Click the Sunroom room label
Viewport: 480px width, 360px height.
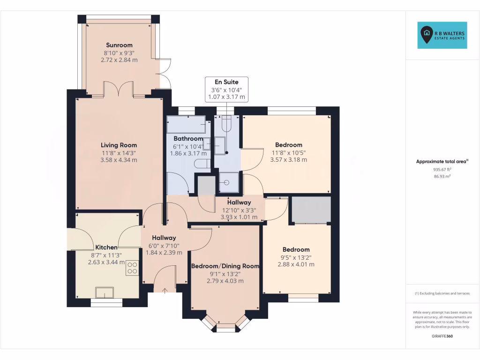(x=119, y=45)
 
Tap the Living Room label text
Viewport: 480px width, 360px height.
(x=119, y=145)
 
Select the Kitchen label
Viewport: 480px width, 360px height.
(x=106, y=247)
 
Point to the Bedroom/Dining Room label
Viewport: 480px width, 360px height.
(x=225, y=266)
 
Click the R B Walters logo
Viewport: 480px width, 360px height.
(x=442, y=35)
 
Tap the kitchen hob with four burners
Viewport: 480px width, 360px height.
(x=132, y=268)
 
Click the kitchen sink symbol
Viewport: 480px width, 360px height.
(x=104, y=292)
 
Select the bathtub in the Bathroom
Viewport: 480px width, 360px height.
(x=186, y=125)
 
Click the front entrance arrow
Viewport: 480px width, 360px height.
(x=165, y=290)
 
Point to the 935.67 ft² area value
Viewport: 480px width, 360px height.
(x=442, y=170)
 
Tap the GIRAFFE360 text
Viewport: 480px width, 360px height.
(x=442, y=336)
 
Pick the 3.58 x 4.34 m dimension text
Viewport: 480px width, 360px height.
(x=119, y=160)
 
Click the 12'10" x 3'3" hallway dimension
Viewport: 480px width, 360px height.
(x=239, y=210)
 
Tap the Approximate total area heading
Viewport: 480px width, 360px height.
(x=442, y=161)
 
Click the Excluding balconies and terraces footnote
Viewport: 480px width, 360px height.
(x=442, y=293)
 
